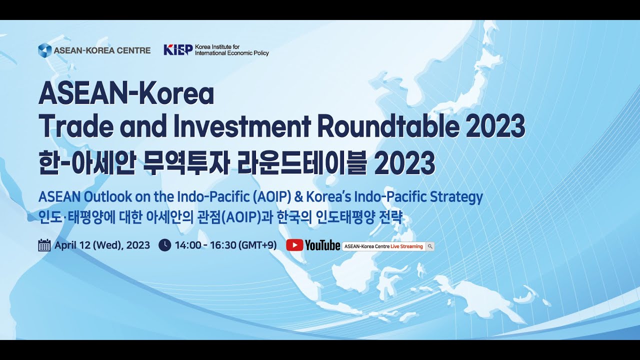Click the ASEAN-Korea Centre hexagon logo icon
[x=45, y=50]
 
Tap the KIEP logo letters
[x=178, y=50]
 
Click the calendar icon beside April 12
[x=44, y=245]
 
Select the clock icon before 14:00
[x=164, y=245]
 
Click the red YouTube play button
[x=294, y=245]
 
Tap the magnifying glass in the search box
[x=430, y=246]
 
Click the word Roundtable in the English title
[x=387, y=126]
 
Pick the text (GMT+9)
[x=257, y=245]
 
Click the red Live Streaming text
[x=407, y=246]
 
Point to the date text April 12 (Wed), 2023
[x=102, y=245]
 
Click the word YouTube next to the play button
[x=322, y=245]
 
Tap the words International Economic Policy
[x=231, y=53]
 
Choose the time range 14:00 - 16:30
[x=205, y=245]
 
